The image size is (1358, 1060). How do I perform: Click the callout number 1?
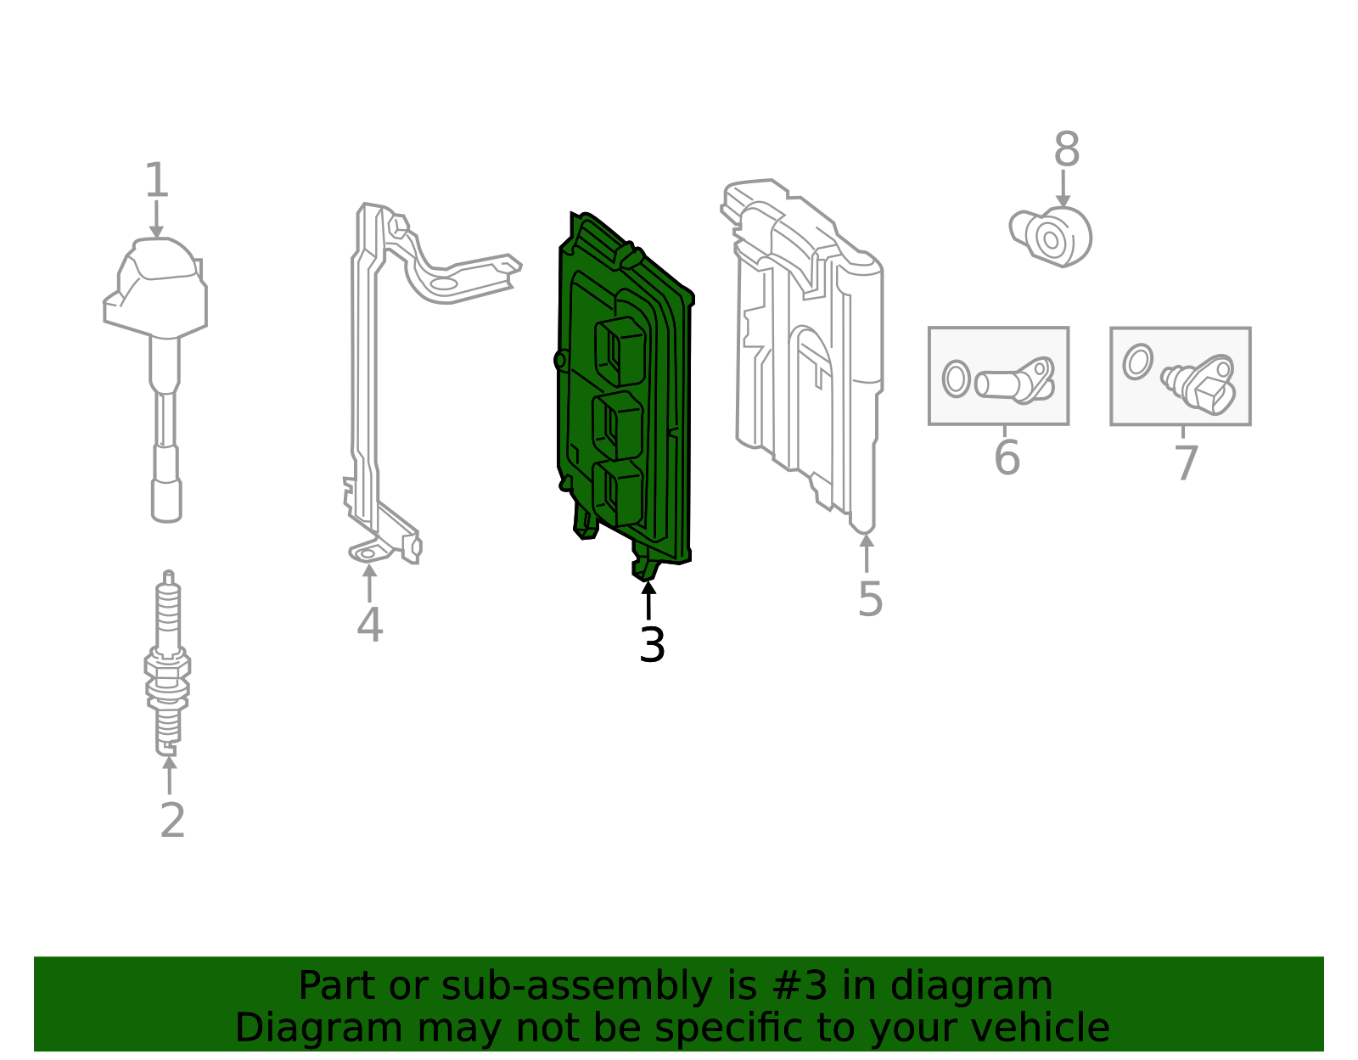[x=156, y=181]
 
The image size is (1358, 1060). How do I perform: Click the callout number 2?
[x=172, y=821]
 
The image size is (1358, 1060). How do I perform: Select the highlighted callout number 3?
[x=652, y=646]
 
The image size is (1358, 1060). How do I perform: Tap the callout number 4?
[x=369, y=625]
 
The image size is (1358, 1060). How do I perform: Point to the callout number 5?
[x=870, y=600]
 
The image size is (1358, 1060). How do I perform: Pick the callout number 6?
[x=1007, y=458]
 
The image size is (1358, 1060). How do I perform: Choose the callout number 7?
[x=1186, y=463]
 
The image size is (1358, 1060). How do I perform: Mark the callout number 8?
[x=1066, y=151]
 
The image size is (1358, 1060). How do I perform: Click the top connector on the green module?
[x=620, y=350]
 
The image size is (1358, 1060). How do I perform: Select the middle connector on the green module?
[x=617, y=424]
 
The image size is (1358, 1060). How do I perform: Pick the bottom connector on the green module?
[x=617, y=491]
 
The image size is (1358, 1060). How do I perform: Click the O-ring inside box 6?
[x=956, y=379]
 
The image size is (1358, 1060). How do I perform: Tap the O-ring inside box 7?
[x=1137, y=362]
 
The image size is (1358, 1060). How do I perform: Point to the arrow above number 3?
[x=648, y=599]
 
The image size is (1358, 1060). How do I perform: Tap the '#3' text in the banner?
[x=802, y=986]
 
